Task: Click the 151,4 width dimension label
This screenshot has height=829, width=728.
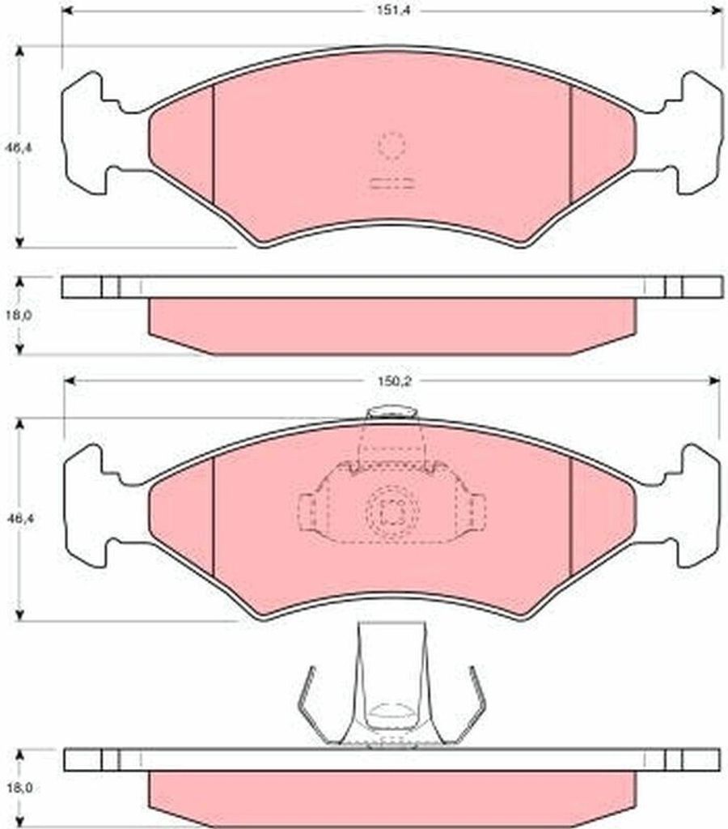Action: click(x=393, y=11)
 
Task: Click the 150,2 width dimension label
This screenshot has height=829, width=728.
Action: click(x=394, y=381)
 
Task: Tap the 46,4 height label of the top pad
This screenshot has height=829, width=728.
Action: click(x=19, y=148)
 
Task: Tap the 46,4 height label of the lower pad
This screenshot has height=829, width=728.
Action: click(x=19, y=519)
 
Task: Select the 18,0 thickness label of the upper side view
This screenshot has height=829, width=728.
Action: click(x=19, y=315)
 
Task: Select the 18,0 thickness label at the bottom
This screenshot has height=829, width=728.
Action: click(x=19, y=788)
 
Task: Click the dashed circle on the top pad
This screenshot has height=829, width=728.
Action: click(x=392, y=145)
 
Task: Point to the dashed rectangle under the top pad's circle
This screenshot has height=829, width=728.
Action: click(x=392, y=184)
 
